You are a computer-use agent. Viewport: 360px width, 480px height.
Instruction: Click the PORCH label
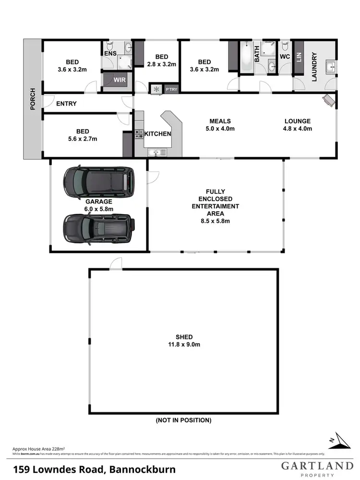(33, 99)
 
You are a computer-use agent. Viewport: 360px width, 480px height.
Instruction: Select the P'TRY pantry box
(170, 89)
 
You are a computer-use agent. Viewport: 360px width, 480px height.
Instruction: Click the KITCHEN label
(158, 133)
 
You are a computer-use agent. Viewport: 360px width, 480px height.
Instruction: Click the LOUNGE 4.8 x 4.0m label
(297, 125)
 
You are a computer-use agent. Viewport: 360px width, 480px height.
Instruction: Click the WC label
(285, 57)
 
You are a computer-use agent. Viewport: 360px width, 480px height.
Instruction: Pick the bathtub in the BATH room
(246, 58)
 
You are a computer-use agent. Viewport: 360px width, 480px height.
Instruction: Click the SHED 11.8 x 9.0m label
(183, 340)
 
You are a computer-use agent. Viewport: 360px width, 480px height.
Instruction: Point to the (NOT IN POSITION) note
(183, 420)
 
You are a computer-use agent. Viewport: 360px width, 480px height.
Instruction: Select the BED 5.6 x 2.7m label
(81, 135)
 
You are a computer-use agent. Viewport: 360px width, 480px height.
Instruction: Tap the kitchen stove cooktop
(139, 134)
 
